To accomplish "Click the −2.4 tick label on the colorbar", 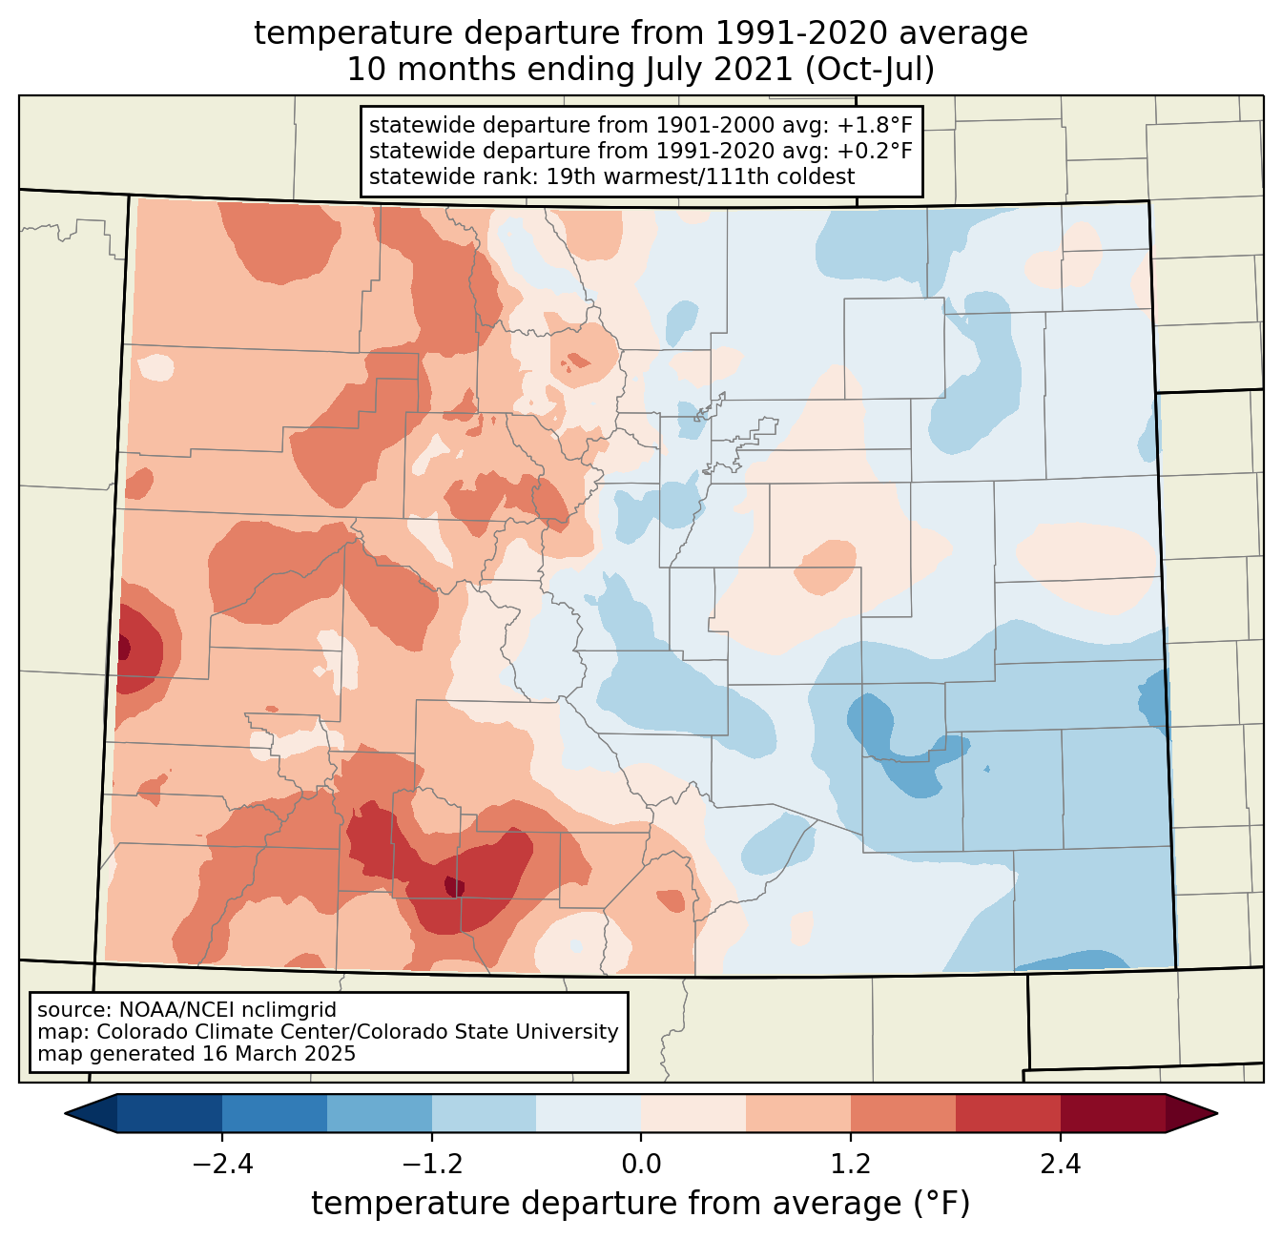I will coord(222,1165).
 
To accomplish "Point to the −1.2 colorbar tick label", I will coord(432,1165).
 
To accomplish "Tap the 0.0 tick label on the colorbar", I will coord(641,1165).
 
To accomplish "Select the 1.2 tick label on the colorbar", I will coord(851,1165).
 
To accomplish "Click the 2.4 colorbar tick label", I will coord(1060,1165).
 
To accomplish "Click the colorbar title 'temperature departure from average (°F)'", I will coord(641,1204).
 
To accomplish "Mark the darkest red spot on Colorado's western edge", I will coord(124,649).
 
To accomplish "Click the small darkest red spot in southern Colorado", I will coord(455,887).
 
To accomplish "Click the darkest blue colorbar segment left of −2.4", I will coord(170,1113).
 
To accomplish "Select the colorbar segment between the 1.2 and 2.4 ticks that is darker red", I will coord(1007,1113).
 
